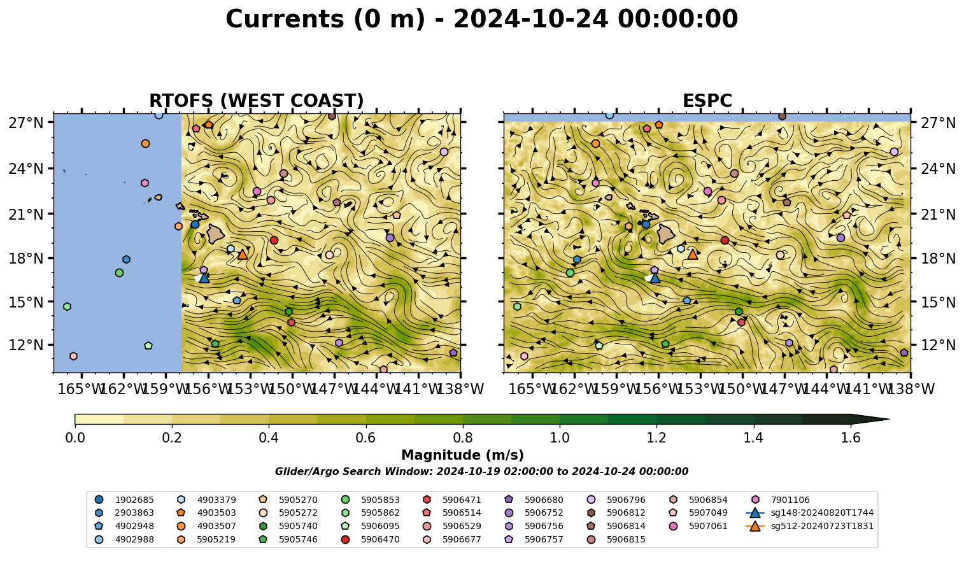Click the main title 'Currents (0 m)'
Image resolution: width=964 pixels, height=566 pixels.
(325, 20)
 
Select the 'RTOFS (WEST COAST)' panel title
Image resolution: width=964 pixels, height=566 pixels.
(257, 101)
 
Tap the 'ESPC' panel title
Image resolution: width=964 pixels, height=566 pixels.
(707, 101)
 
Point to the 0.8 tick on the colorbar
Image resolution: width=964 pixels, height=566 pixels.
(463, 426)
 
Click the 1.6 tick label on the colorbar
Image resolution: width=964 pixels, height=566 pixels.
(851, 438)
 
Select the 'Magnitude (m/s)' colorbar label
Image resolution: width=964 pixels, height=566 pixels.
(463, 455)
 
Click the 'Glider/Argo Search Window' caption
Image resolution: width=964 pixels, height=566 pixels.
(481, 471)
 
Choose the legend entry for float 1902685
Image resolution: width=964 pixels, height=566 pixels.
(124, 500)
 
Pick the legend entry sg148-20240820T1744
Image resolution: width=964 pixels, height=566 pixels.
(809, 513)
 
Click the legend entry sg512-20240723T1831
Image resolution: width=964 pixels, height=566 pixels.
(809, 526)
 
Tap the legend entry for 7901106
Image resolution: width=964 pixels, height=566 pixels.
(780, 500)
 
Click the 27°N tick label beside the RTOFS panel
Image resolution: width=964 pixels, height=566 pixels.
(26, 123)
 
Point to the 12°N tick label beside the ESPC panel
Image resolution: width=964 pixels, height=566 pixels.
(938, 345)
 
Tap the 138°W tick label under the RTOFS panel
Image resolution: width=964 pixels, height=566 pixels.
(460, 389)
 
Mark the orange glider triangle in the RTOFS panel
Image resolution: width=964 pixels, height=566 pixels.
(243, 255)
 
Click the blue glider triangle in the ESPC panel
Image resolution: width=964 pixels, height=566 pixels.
(655, 278)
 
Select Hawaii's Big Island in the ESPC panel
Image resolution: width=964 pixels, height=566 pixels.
(666, 234)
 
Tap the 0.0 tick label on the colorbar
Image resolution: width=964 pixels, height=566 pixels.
(75, 438)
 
